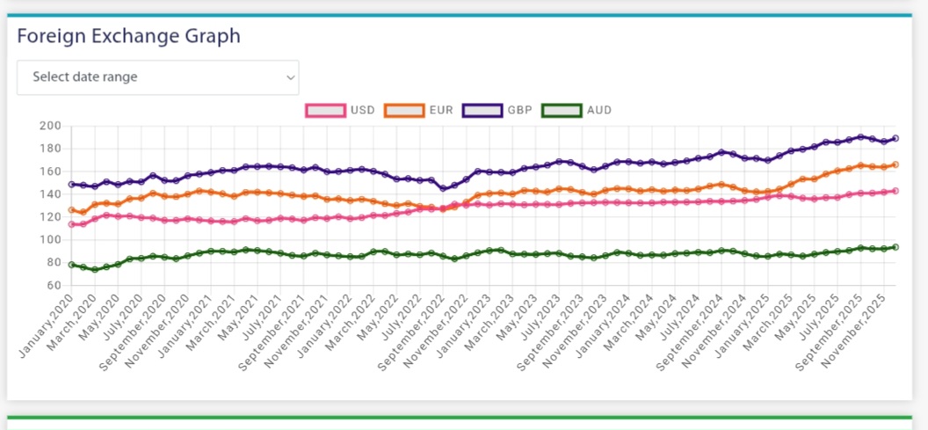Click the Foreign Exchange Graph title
128,36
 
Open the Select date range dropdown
157,77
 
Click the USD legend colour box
324,111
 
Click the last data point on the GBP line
895,138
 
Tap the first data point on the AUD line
71,264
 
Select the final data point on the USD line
895,191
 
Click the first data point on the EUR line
71,210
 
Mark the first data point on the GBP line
71,185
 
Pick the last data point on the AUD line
895,247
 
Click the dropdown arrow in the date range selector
290,77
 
